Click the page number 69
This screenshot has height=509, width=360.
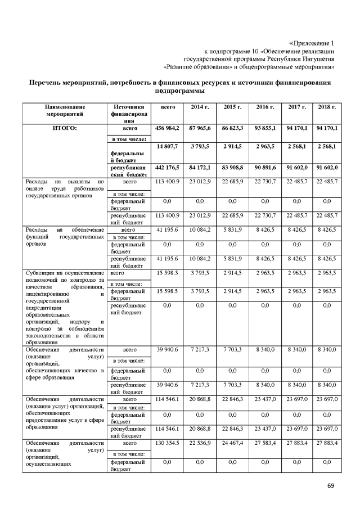coord(330,485)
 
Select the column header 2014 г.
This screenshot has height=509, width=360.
coord(200,107)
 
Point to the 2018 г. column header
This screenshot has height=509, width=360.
coord(327,107)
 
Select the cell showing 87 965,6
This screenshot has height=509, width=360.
coord(200,129)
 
